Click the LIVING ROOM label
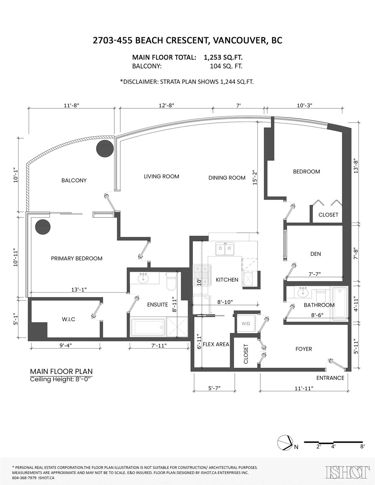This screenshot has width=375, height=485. [x=161, y=176]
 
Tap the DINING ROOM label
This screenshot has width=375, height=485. [x=227, y=178]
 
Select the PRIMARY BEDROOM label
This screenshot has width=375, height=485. [x=76, y=258]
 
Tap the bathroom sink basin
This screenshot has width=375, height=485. [x=303, y=293]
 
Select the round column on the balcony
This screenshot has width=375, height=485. [x=105, y=147]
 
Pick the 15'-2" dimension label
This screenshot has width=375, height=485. [x=254, y=178]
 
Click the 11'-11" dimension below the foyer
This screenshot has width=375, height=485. [x=304, y=388]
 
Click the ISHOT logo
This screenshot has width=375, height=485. [x=348, y=473]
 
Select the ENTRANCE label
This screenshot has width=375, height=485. [x=330, y=378]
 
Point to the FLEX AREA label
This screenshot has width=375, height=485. [x=216, y=344]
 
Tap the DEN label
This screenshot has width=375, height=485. [x=315, y=254]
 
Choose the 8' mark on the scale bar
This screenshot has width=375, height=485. [x=362, y=447]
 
